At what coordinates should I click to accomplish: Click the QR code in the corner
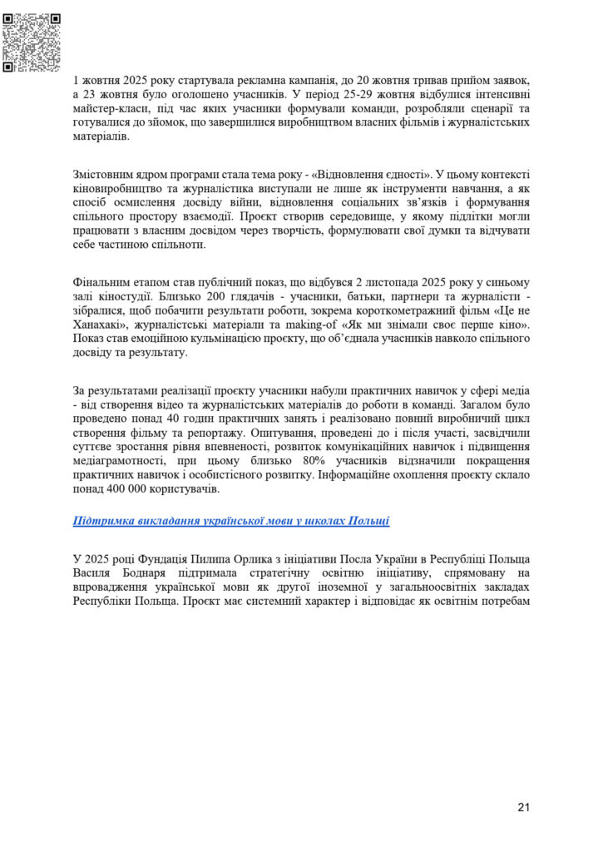tap(32, 42)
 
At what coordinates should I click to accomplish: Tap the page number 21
tap(523, 806)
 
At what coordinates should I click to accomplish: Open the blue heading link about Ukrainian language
tap(231, 521)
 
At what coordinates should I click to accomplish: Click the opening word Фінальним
tap(103, 282)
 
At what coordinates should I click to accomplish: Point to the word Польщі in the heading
tap(368, 521)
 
